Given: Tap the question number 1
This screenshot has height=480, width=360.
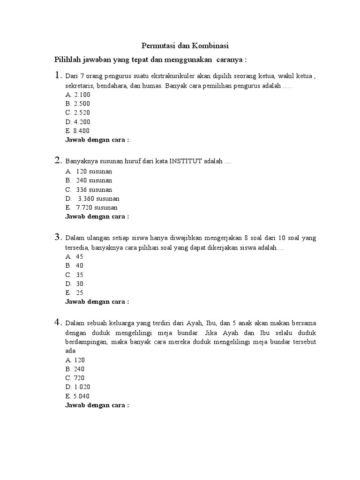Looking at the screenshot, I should [58, 75].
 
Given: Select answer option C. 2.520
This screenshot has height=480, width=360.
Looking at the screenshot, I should [77, 112].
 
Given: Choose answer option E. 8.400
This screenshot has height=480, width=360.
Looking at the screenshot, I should [77, 131].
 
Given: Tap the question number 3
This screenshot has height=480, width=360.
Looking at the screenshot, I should [58, 237].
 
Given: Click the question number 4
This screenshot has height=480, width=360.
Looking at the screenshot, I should [58, 322].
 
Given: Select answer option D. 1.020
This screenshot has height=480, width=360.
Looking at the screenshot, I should [77, 387].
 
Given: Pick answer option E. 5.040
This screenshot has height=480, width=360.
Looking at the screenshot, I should [77, 396].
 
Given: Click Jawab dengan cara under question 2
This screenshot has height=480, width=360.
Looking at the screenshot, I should [97, 217].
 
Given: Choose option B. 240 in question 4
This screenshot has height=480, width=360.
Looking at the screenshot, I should [75, 369].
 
